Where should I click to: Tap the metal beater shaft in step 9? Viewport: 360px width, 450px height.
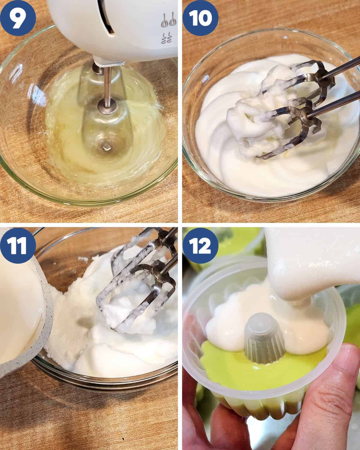click(107, 87)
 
